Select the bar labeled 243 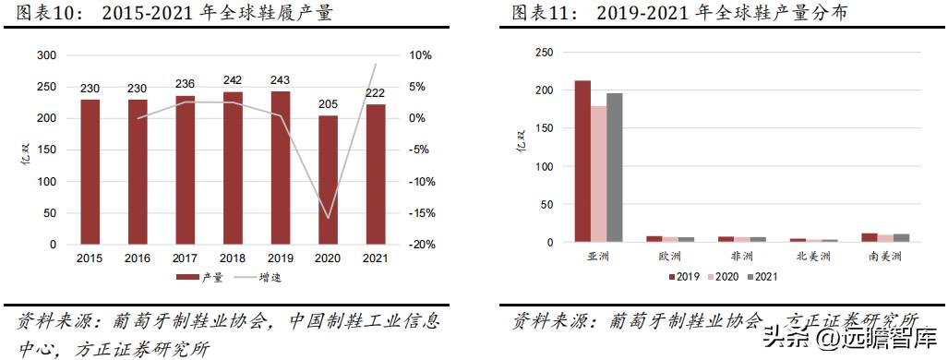(x=280, y=167)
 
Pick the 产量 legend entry (x=198, y=277)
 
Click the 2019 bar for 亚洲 (x=582, y=162)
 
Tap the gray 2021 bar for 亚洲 (x=615, y=167)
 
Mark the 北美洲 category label (x=812, y=256)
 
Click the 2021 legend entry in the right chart (x=762, y=276)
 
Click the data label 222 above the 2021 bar (x=376, y=94)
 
